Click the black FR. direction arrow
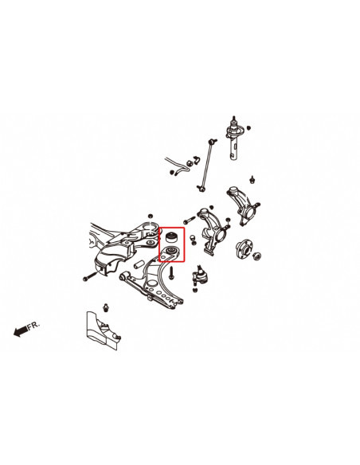tap(20, 332)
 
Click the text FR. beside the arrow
tap(34, 326)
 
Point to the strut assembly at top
tap(237, 140)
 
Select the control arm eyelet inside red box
tap(169, 255)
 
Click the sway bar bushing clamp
tap(180, 166)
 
